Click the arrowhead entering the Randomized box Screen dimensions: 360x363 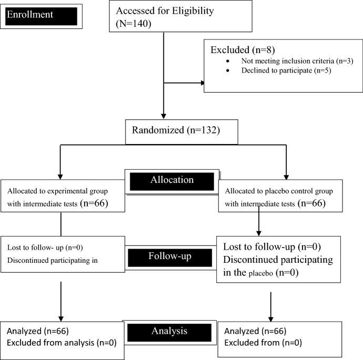[165, 115]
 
